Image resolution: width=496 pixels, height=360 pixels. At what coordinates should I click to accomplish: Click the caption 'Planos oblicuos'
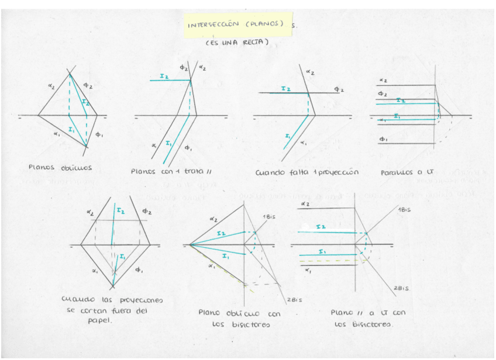pos(60,167)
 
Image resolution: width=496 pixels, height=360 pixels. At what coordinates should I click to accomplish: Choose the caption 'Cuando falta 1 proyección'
pos(306,172)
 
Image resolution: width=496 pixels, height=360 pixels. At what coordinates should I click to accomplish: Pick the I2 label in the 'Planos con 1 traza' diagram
pos(164,76)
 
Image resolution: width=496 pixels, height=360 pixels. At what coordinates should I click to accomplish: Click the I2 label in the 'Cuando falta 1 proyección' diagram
pos(285,89)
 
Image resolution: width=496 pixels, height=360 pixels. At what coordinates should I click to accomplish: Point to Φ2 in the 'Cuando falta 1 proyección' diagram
pos(339,89)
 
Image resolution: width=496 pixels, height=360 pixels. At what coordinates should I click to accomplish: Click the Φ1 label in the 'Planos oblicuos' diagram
pos(99,135)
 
